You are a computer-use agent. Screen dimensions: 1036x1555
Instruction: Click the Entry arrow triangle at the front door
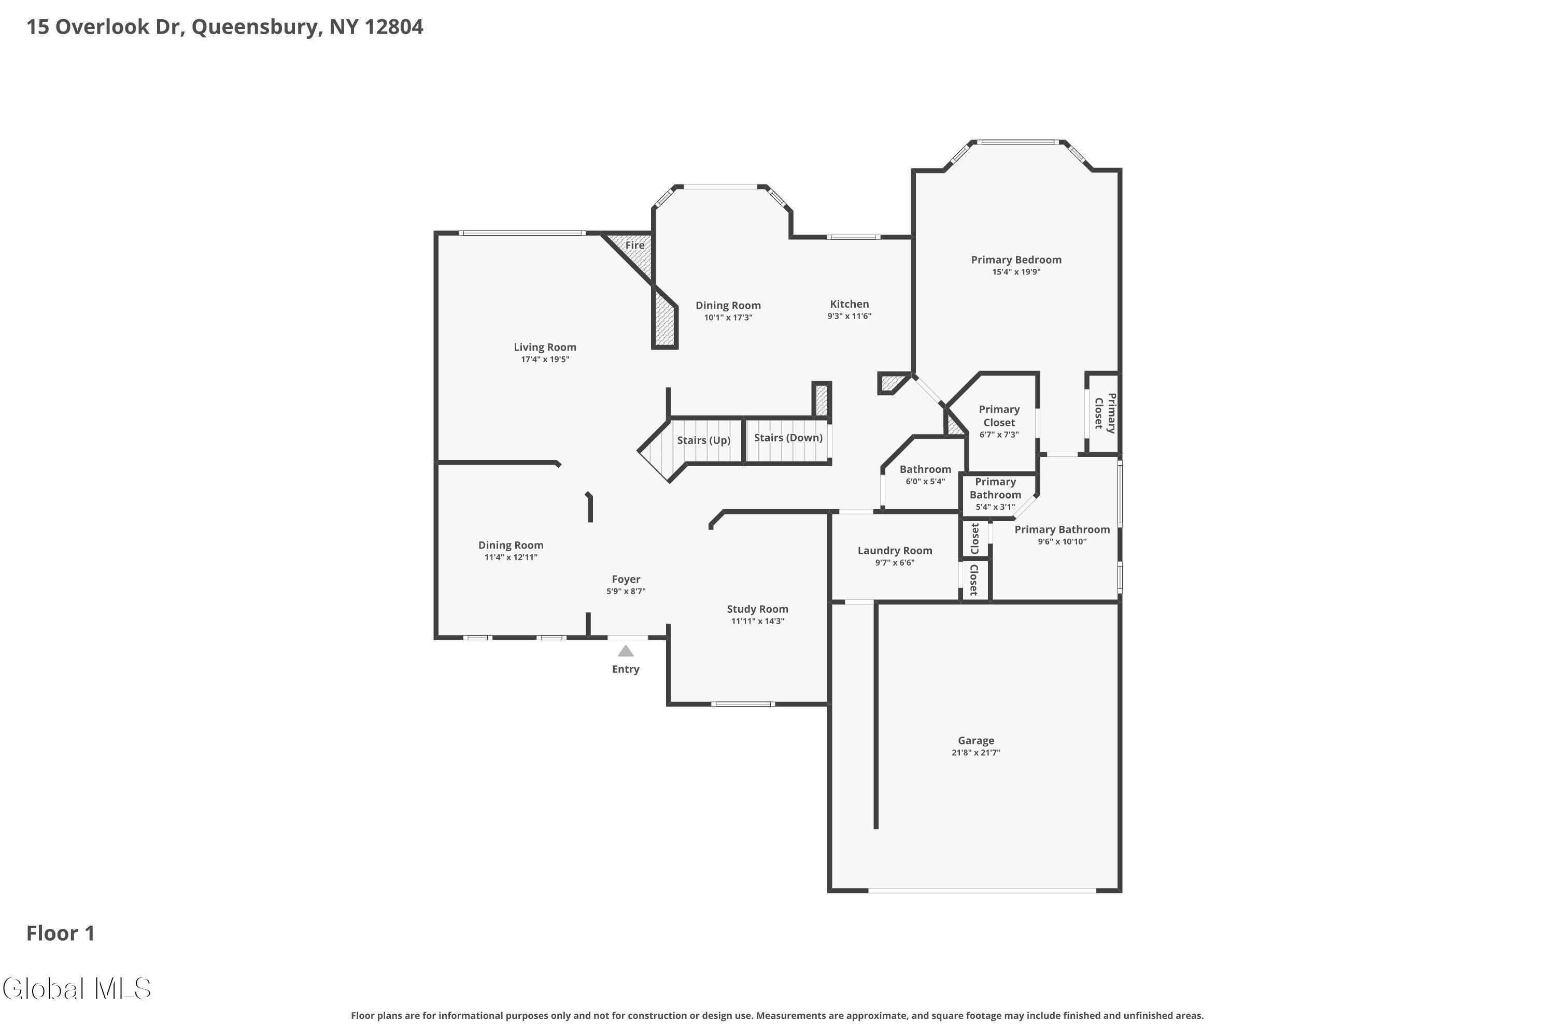click(626, 652)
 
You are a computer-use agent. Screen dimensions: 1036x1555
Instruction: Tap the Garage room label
click(976, 741)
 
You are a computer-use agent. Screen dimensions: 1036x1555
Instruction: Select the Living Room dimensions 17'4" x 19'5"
click(545, 359)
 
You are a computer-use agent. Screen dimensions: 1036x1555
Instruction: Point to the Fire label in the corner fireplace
click(634, 245)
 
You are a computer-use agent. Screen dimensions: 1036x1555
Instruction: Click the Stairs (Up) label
click(703, 440)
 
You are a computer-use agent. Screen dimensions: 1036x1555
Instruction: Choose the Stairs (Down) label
click(788, 437)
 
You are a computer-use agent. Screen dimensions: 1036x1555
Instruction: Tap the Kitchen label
click(850, 304)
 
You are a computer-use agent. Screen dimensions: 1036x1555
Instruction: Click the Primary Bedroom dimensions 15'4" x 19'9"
click(1016, 271)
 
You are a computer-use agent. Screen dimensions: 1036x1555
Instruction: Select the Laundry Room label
click(895, 550)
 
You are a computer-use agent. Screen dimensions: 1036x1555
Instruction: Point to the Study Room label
click(758, 609)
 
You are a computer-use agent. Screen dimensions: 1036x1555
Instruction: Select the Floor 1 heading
click(61, 933)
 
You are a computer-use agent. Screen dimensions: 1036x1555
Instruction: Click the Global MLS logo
click(77, 988)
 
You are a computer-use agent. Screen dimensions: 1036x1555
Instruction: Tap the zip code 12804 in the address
click(394, 26)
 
